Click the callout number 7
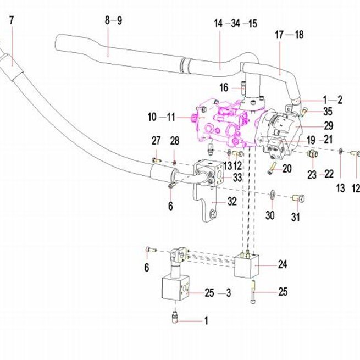tap(12, 20)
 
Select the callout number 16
tap(224, 88)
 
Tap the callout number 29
tap(328, 126)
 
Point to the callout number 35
tap(328, 112)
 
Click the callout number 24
tap(283, 264)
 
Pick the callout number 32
tap(232, 201)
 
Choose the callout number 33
tap(237, 178)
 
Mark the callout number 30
tap(270, 215)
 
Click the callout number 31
tap(296, 217)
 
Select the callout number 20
tap(287, 169)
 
